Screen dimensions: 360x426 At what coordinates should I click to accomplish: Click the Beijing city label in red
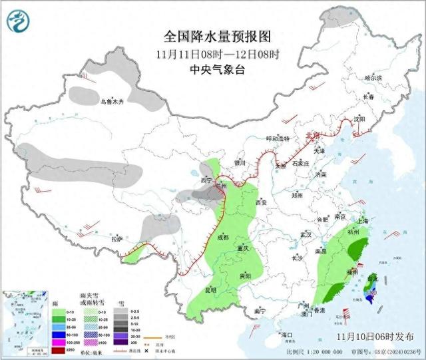(312, 135)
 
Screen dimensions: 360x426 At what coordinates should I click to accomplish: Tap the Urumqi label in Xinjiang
(112, 102)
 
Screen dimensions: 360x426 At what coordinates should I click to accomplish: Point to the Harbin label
(373, 78)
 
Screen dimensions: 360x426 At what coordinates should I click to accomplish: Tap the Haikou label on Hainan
(287, 334)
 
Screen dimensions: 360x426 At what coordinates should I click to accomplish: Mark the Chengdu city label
(222, 237)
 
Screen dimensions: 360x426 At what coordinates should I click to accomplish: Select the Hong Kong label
(320, 310)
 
